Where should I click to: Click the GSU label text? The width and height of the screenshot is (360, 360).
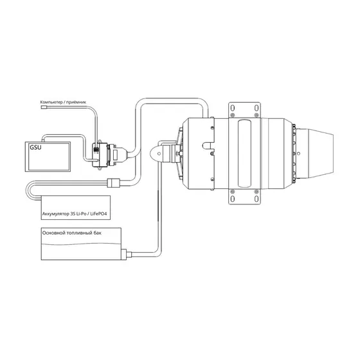35,147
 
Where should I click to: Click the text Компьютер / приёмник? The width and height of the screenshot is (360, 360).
63,102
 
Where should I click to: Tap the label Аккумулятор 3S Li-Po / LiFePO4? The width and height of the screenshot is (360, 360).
75,213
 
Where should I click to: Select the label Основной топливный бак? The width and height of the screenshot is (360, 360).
71,233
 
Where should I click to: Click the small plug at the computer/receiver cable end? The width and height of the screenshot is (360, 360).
44,107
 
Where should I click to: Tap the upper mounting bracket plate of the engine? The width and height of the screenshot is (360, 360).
244,110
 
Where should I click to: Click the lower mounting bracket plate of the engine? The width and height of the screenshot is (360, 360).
244,197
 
